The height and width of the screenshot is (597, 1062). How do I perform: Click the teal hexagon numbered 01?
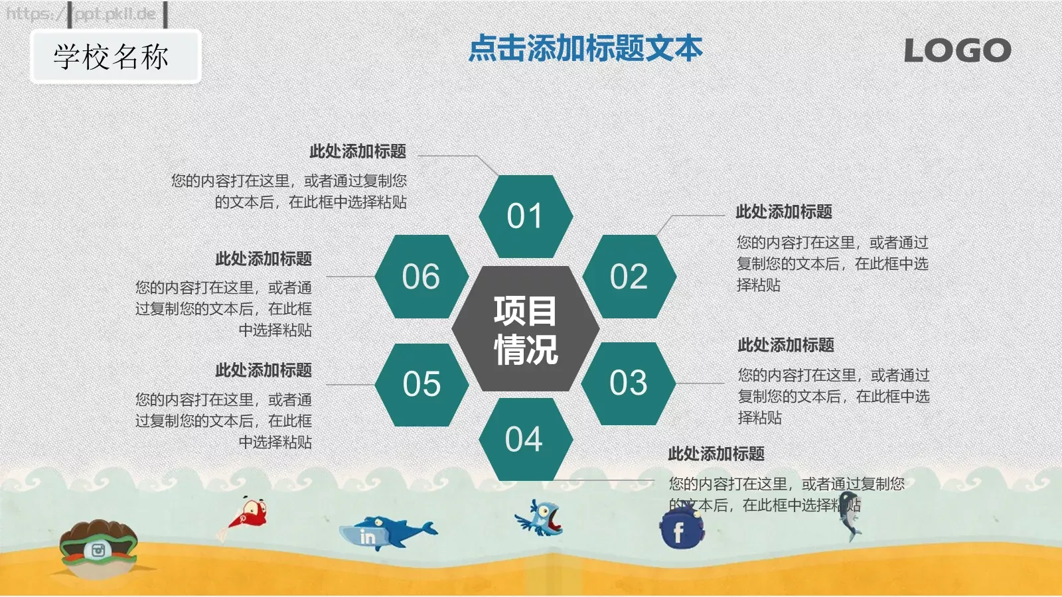tap(525, 216)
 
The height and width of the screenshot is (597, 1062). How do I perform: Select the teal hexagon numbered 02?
tap(629, 277)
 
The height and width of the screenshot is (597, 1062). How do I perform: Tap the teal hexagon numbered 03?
tap(628, 383)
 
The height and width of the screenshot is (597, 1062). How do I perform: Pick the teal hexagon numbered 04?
tap(524, 439)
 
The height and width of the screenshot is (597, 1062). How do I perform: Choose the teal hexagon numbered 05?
tap(421, 384)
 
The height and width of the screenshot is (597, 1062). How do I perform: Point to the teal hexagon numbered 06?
tap(421, 277)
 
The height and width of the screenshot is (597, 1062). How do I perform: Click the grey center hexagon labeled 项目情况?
tap(525, 330)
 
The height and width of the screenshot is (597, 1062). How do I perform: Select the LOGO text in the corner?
tap(957, 50)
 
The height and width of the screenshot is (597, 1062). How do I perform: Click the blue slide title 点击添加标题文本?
tap(585, 48)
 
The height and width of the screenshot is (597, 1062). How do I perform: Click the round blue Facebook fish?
tap(681, 530)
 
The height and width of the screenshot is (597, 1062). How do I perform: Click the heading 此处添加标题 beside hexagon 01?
tap(358, 151)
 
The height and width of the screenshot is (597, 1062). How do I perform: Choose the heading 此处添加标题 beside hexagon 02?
tap(784, 212)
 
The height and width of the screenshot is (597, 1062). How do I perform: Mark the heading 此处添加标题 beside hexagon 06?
tap(264, 258)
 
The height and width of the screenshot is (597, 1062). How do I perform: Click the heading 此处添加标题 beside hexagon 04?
tap(716, 454)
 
